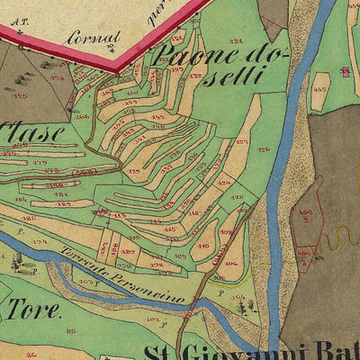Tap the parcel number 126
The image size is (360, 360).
(x=264, y=149)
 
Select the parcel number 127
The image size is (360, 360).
(x=243, y=142)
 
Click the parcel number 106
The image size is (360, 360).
(x=231, y=263)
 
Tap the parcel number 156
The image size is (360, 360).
(x=83, y=115)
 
